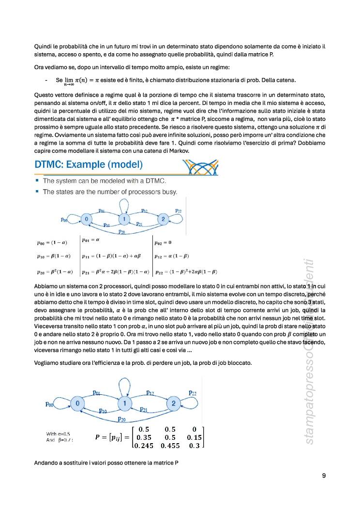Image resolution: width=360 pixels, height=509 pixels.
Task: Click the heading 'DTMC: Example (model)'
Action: pos(89,165)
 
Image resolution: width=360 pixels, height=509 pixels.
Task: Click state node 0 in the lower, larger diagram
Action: pos(77,403)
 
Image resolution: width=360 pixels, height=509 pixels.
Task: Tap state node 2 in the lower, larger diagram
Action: pos(173,403)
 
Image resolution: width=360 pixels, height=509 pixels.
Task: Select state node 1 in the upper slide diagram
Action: pos(124,220)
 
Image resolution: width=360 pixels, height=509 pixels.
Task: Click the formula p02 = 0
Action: pos(163,242)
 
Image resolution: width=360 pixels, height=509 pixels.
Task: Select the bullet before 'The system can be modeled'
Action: pos(37,180)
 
